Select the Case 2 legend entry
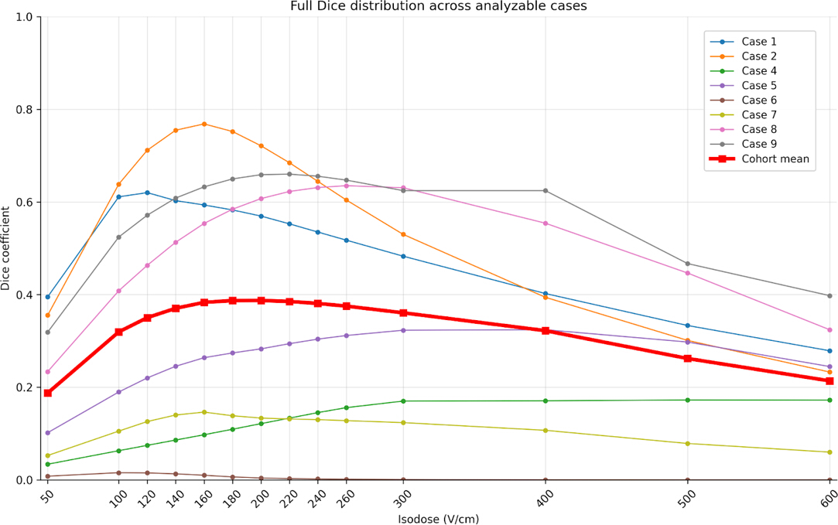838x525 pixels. coord(744,56)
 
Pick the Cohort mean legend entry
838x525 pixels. coord(759,159)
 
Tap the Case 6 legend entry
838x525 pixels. coord(744,100)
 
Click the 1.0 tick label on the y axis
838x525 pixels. coord(24,17)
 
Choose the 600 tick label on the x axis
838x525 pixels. coord(828,497)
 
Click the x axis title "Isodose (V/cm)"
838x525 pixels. coord(438,519)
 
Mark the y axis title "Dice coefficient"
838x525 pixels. coord(6,248)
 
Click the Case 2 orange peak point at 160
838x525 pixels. coord(204,124)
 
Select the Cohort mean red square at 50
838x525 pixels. coord(47,393)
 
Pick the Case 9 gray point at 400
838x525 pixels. coord(546,191)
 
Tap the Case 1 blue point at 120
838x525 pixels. coord(148,193)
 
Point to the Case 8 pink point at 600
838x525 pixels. coord(830,330)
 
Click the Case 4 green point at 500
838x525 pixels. coord(688,400)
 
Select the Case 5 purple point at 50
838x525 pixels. coord(47,433)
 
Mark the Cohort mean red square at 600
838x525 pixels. coord(830,380)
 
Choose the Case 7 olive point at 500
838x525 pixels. coord(688,444)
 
